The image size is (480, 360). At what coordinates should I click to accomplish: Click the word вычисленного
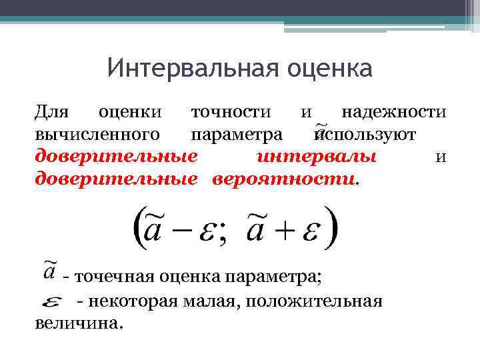click(97, 135)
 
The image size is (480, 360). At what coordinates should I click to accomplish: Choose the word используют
click(367, 135)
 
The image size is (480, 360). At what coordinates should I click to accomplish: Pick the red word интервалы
click(317, 157)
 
